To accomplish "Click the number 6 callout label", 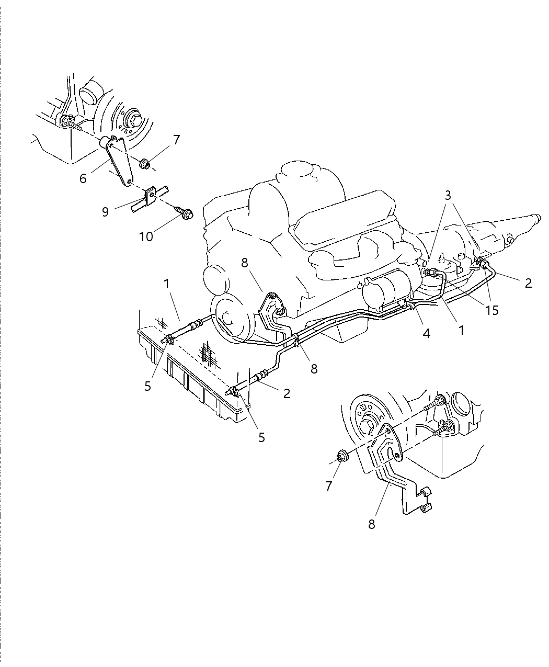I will pyautogui.click(x=83, y=178).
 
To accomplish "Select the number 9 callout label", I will pyautogui.click(x=105, y=212).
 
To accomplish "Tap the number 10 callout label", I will pyautogui.click(x=146, y=236).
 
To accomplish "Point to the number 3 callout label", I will pyautogui.click(x=448, y=196).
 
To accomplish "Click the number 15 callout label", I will pyautogui.click(x=491, y=310).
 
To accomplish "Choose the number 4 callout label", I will pyautogui.click(x=426, y=333).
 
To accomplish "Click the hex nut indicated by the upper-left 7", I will pyautogui.click(x=146, y=164).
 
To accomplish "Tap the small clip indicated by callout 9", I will pyautogui.click(x=150, y=198).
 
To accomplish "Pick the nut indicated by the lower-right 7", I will pyautogui.click(x=342, y=456).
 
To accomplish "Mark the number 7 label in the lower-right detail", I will pyautogui.click(x=328, y=486).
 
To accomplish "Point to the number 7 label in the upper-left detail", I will pyautogui.click(x=176, y=140).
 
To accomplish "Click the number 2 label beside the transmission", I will pyautogui.click(x=528, y=283).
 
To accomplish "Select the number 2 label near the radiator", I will pyautogui.click(x=287, y=393).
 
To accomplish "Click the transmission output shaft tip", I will pyautogui.click(x=534, y=216).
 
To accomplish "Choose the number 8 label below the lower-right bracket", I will pyautogui.click(x=372, y=524).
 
